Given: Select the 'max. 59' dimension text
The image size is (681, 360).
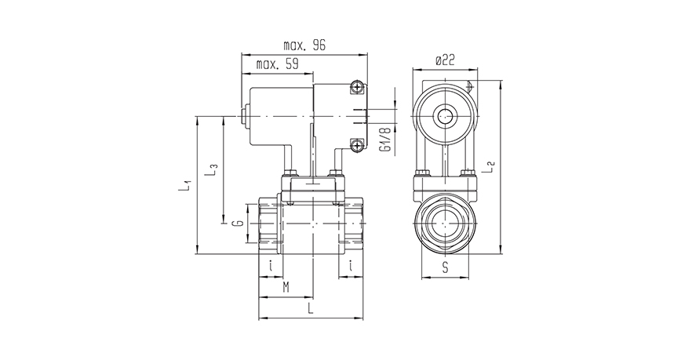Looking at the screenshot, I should click(278, 64).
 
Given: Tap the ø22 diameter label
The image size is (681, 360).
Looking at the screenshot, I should click(445, 60).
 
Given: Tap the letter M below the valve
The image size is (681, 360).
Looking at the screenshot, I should click(286, 289).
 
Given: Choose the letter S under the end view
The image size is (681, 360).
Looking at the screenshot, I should click(445, 267).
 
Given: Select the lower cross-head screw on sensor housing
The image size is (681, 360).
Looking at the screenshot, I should click(357, 144).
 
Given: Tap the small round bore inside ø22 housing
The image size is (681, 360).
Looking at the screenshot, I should click(445, 116).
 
